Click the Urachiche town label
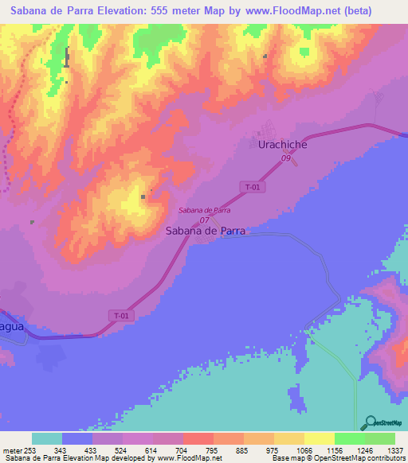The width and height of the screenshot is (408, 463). pyautogui.click(x=283, y=145)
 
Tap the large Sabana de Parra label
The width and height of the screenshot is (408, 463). pyautogui.click(x=205, y=231)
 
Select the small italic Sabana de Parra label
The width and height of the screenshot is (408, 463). pyautogui.click(x=205, y=210)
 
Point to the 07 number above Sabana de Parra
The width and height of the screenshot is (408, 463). pyautogui.click(x=205, y=220)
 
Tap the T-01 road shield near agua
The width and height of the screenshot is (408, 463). pyautogui.click(x=120, y=316)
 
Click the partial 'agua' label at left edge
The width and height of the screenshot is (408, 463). pyautogui.click(x=12, y=327)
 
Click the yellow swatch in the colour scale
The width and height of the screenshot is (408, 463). pyautogui.click(x=319, y=438)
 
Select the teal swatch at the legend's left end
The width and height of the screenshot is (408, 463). pyautogui.click(x=47, y=438)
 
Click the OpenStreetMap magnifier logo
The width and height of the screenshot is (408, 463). pyautogui.click(x=369, y=422)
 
